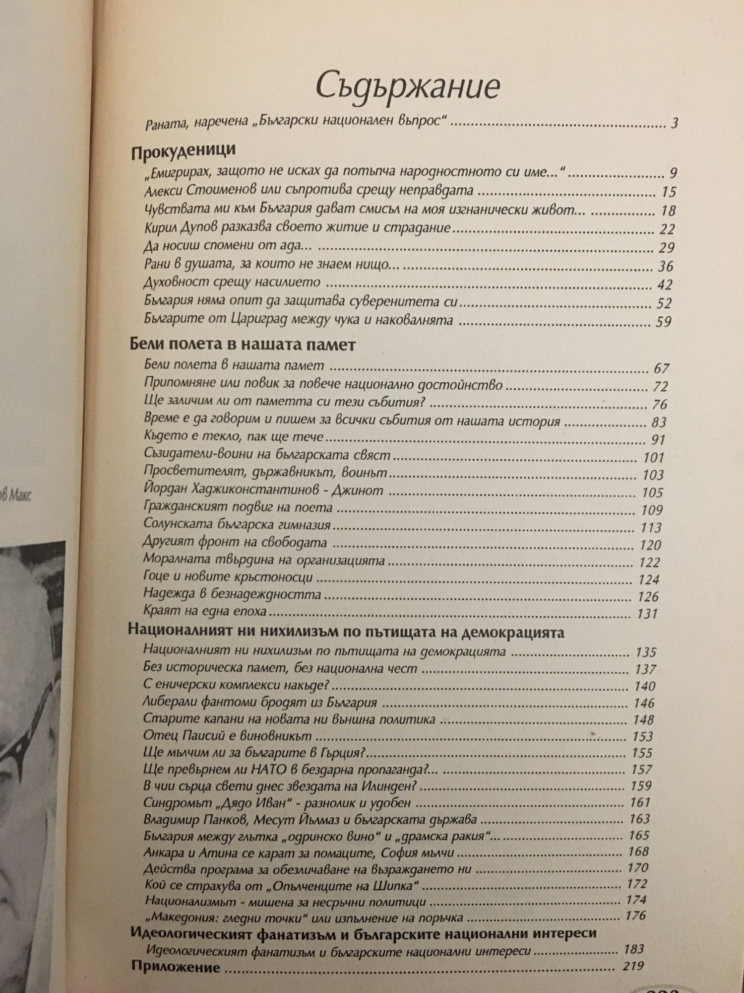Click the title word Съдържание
(407, 86)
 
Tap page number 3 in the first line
(675, 123)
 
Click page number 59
(663, 322)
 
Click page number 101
(653, 457)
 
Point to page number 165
(639, 835)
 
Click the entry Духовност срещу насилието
(233, 283)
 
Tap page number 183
(634, 949)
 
